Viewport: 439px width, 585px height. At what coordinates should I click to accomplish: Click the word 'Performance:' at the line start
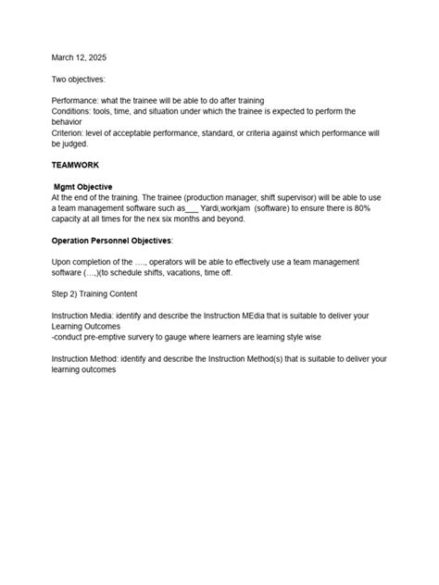point(76,101)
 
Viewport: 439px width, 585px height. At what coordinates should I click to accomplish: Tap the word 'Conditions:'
point(73,111)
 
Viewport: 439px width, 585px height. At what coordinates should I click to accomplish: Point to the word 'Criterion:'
point(70,131)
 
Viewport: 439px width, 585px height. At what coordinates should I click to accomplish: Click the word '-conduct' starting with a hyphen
point(69,337)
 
